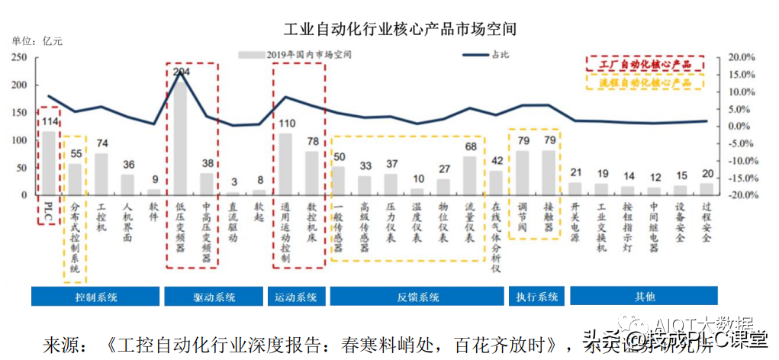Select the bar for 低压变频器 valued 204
(182, 137)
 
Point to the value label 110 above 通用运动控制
(286, 124)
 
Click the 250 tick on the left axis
(21, 57)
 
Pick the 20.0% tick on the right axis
(740, 57)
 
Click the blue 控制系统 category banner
(95, 297)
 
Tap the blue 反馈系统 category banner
(417, 297)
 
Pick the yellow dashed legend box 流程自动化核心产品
(645, 81)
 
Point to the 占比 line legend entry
(488, 54)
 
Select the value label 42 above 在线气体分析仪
(497, 160)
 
